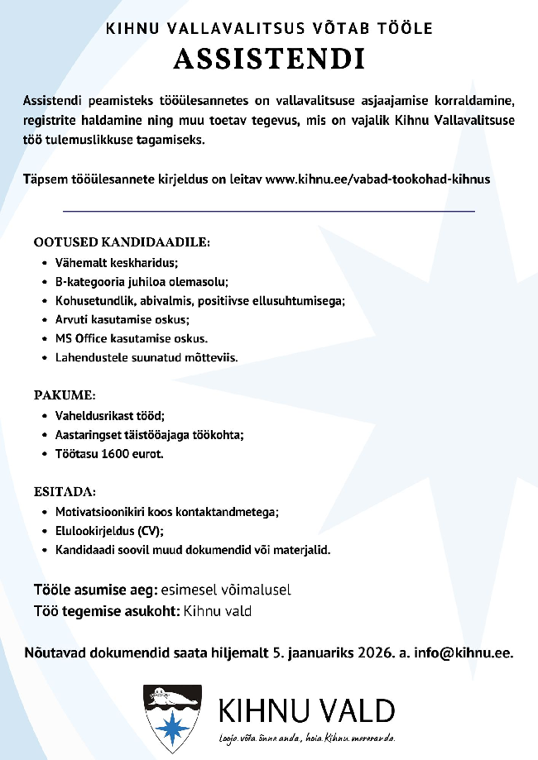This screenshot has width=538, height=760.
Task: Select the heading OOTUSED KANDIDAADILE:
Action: pyautogui.click(x=122, y=243)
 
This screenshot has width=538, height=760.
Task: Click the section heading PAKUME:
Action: pyautogui.click(x=65, y=394)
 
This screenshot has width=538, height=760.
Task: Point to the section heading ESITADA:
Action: pyautogui.click(x=65, y=491)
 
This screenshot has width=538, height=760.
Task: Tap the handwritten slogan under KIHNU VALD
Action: pyautogui.click(x=306, y=737)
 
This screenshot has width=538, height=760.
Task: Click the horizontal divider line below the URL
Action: pyautogui.click(x=269, y=212)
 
